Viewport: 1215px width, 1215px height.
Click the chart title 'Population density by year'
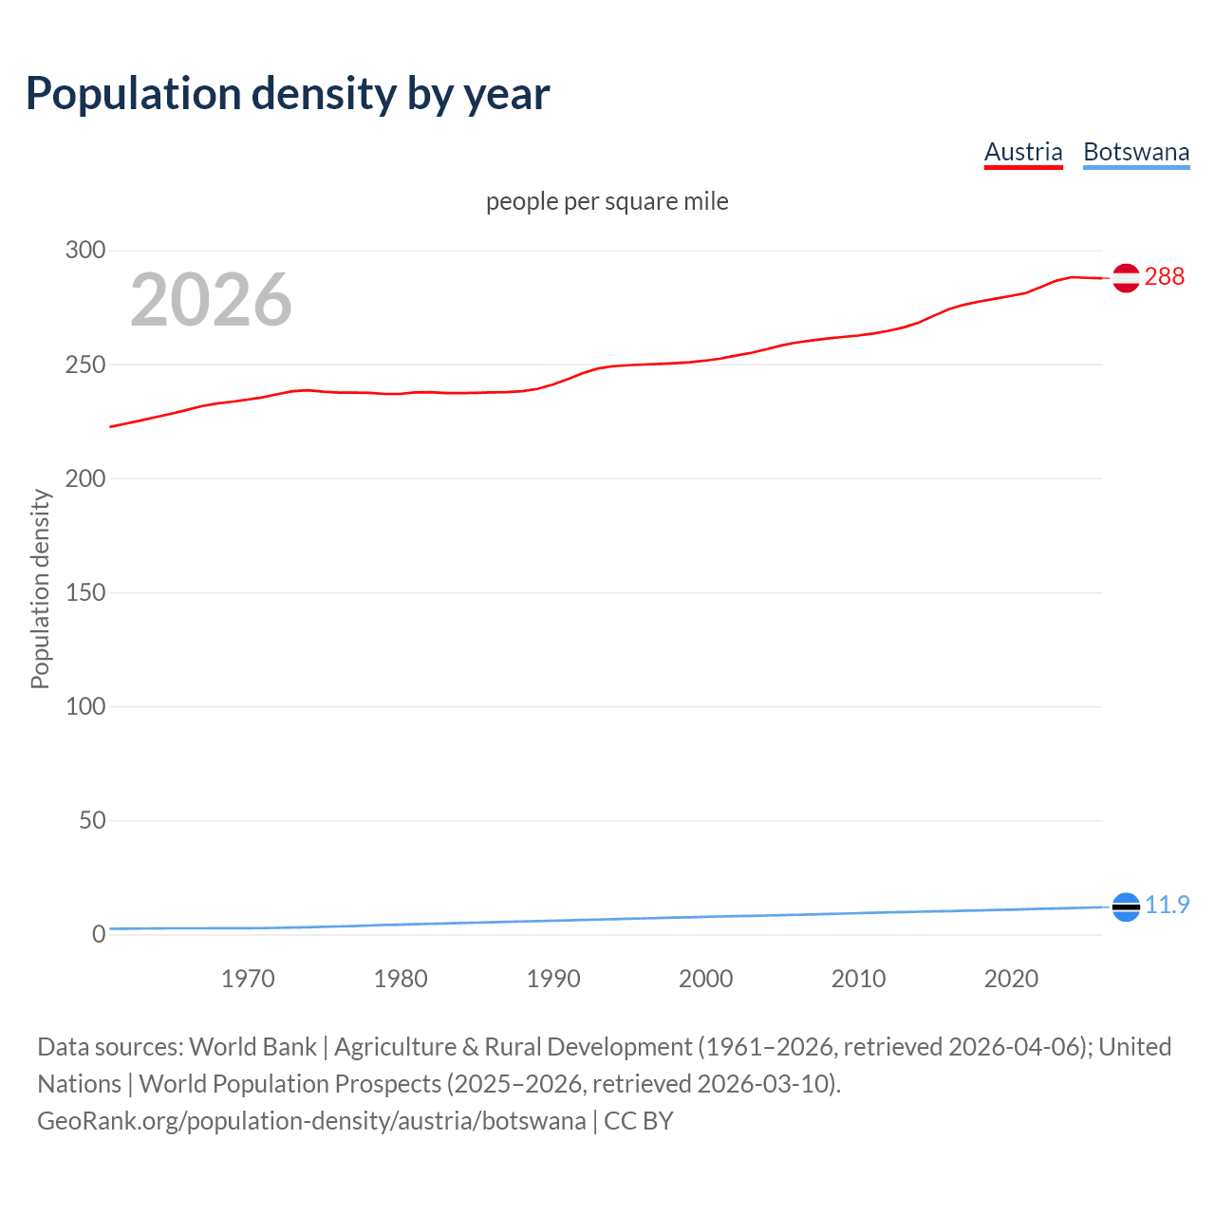click(288, 94)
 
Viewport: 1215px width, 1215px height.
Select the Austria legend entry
click(1023, 152)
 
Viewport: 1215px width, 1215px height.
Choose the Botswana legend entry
click(1136, 152)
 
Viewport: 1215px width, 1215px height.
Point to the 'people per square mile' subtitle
click(607, 201)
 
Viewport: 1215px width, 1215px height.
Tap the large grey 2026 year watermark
click(211, 300)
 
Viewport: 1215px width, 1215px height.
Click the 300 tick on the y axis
click(85, 251)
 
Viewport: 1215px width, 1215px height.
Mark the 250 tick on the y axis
click(85, 364)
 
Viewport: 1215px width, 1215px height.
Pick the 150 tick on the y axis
click(85, 592)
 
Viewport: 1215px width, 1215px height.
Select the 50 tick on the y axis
click(92, 820)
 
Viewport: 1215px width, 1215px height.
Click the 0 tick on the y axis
click(99, 934)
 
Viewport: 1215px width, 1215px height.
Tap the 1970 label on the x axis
click(248, 979)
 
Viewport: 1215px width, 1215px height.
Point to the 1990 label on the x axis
click(553, 979)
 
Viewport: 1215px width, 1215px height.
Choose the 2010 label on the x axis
click(858, 979)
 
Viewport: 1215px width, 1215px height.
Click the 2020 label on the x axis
click(1011, 979)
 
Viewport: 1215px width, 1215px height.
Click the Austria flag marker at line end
click(1126, 278)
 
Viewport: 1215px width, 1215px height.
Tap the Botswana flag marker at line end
click(1126, 907)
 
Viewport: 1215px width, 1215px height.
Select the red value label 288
click(1165, 276)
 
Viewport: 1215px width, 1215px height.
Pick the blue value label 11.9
click(1167, 905)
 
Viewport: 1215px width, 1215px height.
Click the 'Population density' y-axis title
click(40, 589)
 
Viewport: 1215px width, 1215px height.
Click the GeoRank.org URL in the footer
click(311, 1121)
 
